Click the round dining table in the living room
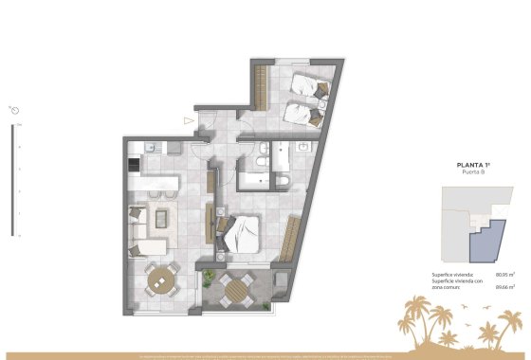164,279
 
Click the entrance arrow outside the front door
188,120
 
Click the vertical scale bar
16,181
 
